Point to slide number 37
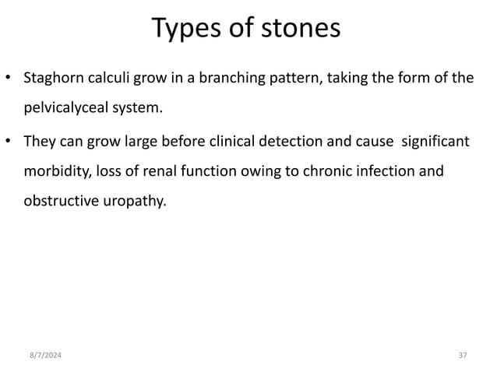pyautogui.click(x=462, y=355)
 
